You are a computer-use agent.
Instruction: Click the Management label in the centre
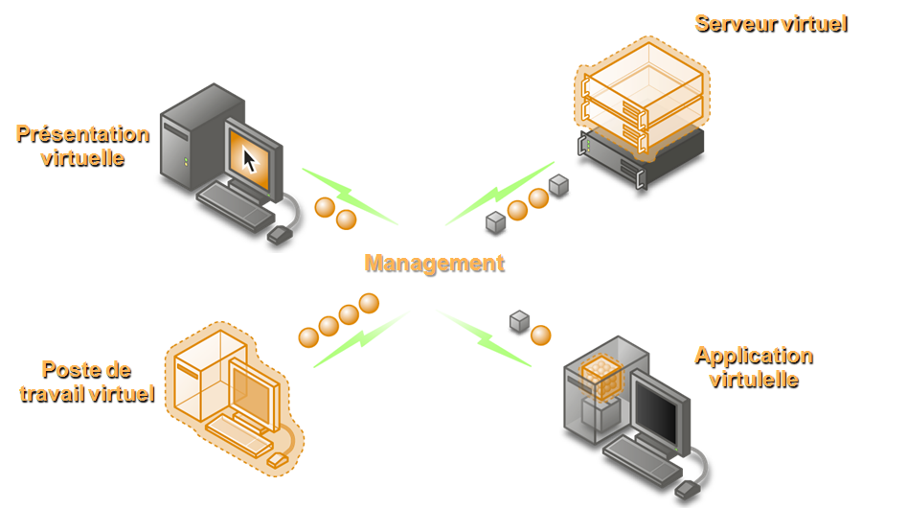(x=435, y=264)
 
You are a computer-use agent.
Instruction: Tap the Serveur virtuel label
(x=771, y=24)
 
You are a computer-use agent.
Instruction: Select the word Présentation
(x=82, y=134)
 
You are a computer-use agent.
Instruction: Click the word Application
(x=754, y=357)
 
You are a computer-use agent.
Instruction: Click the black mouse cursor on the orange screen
(x=249, y=160)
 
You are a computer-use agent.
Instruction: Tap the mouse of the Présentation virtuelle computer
(x=280, y=234)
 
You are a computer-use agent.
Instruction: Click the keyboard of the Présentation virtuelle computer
(x=236, y=207)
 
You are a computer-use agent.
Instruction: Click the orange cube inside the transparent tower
(x=601, y=377)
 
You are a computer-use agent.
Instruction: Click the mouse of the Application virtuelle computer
(x=688, y=490)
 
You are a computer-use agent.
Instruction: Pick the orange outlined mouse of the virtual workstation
(x=277, y=460)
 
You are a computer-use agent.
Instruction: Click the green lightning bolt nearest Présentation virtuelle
(x=350, y=196)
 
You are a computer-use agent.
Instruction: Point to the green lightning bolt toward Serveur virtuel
(x=500, y=194)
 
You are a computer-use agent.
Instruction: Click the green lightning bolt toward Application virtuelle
(x=484, y=338)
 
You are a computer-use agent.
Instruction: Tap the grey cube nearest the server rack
(x=558, y=185)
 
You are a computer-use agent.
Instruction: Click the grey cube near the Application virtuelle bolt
(x=519, y=321)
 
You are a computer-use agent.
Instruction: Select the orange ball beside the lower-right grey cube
(x=541, y=335)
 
